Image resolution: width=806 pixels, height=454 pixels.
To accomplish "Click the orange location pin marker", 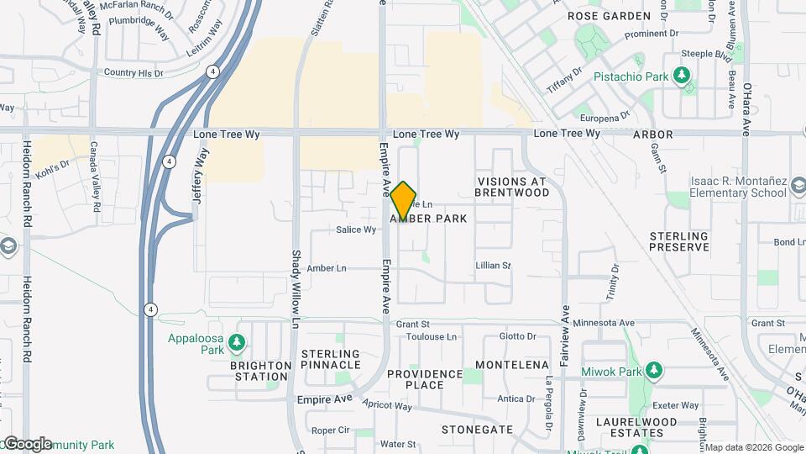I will point(404,200).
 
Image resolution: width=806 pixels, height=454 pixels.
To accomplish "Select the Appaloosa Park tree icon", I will point(238,342).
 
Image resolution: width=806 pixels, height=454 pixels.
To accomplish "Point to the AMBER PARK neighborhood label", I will point(429,219).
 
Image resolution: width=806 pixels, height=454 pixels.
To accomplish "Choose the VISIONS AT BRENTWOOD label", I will point(511,187).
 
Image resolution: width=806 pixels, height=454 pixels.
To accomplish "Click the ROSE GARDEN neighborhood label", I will point(609,16).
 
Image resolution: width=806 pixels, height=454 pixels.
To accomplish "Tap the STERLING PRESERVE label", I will point(678,242).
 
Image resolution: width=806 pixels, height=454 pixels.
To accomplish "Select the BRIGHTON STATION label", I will point(261,371).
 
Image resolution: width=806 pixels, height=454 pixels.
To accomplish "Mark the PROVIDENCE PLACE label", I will point(425,379).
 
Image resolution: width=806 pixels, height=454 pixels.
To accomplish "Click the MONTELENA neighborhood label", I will point(512,365).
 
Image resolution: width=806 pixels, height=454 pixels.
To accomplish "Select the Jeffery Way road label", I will point(200,176).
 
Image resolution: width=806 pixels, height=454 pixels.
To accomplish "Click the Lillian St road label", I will point(493,266).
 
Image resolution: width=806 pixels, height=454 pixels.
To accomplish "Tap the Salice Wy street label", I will point(355,230).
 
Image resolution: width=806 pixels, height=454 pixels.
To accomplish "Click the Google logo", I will point(27,444).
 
